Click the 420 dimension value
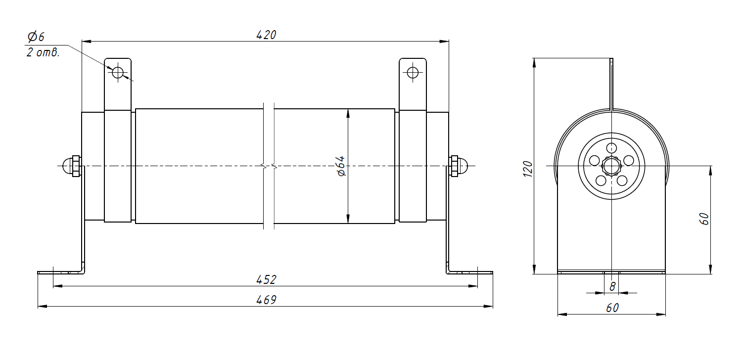(266, 35)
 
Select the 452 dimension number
(266, 280)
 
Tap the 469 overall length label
(266, 300)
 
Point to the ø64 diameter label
(341, 166)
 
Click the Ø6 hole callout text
(36, 37)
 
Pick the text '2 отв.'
(43, 53)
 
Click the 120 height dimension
(528, 169)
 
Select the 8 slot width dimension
(612, 286)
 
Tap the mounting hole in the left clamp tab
(118, 72)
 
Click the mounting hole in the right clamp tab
(413, 72)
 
